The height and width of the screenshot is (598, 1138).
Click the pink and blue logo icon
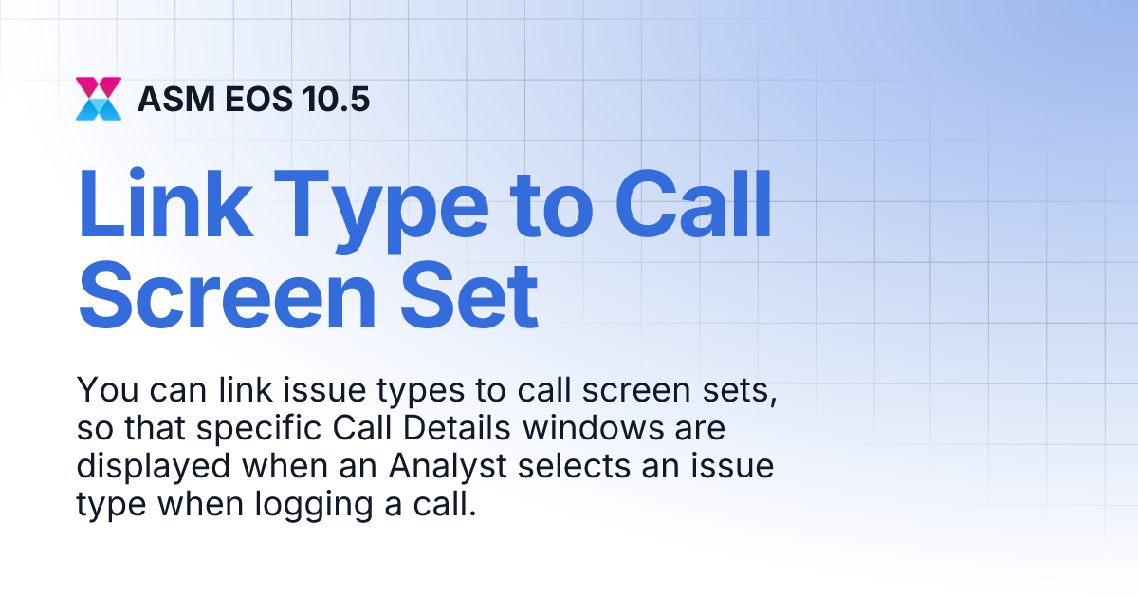point(99,98)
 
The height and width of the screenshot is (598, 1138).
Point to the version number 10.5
point(335,99)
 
